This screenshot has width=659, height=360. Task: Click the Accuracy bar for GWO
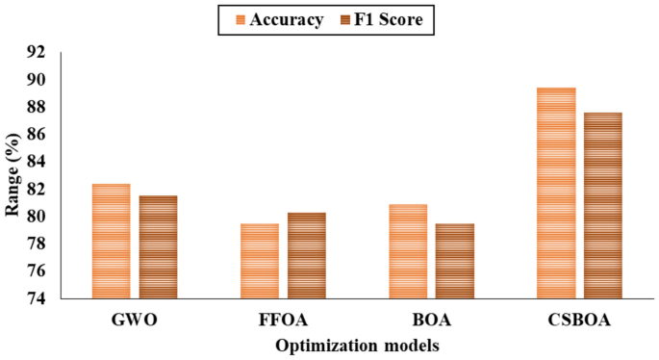coord(111,241)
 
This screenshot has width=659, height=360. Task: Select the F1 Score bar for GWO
coord(158,246)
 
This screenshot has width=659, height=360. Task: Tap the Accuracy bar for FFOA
coord(259,261)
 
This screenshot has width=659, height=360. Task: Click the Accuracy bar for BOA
coord(407,251)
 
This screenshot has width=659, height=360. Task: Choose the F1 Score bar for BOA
coord(454,261)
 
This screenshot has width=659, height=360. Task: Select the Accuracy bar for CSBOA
coord(555,193)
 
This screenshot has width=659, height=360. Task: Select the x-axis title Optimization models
coord(358,344)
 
